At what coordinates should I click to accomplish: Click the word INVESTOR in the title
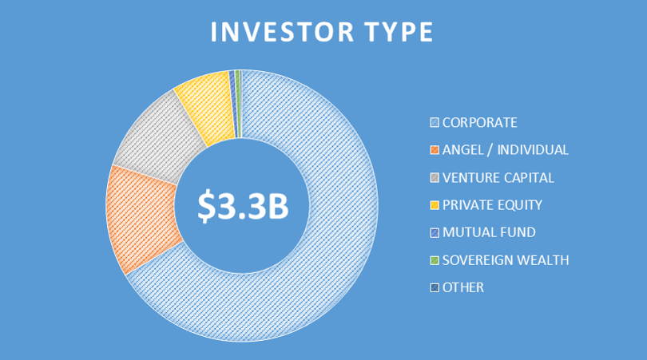tap(282, 32)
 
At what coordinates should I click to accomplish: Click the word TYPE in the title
tap(399, 32)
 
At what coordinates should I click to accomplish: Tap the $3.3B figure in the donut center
tap(243, 206)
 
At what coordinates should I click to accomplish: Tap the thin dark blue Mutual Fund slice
tap(233, 103)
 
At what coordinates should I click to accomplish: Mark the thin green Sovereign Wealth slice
tap(238, 103)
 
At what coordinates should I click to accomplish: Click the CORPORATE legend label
tap(479, 122)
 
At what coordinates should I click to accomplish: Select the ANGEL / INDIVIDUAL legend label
tap(505, 150)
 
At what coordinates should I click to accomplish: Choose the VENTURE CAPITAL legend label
tap(498, 178)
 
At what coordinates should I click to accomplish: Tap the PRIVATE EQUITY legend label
tap(492, 205)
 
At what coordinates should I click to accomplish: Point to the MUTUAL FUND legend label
tap(489, 232)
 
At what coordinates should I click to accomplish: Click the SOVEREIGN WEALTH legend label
tap(506, 260)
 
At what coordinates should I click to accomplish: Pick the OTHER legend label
tap(463, 287)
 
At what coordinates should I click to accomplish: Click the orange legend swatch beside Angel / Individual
tap(435, 150)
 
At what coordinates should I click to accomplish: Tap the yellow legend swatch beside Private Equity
tap(435, 205)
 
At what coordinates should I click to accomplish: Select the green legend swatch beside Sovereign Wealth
tap(435, 260)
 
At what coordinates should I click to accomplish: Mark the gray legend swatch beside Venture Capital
tap(435, 178)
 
